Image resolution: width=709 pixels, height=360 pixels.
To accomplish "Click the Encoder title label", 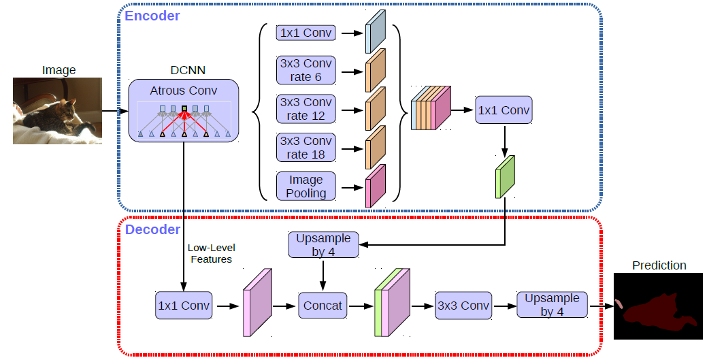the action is click(152, 16).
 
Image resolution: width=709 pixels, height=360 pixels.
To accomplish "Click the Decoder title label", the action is click(152, 229).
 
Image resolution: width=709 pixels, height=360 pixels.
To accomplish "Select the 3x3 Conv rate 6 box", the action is click(306, 70).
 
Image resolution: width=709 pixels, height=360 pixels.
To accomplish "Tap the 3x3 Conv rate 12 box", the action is click(306, 109).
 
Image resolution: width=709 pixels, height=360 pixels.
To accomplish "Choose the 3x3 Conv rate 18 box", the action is click(306, 148).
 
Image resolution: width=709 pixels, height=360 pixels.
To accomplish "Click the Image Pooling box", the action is click(306, 186).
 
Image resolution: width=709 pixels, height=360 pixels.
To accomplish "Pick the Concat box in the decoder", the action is click(323, 306).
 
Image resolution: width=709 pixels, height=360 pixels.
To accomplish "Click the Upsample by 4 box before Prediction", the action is click(552, 305).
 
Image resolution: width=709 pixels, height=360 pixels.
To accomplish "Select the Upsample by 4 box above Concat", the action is click(323, 245).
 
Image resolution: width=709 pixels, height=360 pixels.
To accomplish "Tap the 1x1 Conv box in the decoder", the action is click(184, 306).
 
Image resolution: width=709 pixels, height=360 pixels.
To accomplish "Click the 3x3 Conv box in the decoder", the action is click(463, 306).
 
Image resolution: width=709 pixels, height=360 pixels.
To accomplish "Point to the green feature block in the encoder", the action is click(505, 177).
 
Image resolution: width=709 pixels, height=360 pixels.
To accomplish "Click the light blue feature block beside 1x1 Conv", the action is click(376, 31).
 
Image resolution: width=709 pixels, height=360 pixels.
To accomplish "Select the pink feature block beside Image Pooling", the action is click(376, 186).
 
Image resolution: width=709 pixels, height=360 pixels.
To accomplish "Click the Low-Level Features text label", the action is click(211, 253).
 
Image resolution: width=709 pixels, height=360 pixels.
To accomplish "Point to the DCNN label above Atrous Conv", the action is click(188, 70).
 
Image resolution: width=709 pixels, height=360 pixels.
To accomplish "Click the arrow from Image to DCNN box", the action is click(115, 111).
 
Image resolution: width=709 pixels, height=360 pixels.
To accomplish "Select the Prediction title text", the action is click(659, 265).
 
